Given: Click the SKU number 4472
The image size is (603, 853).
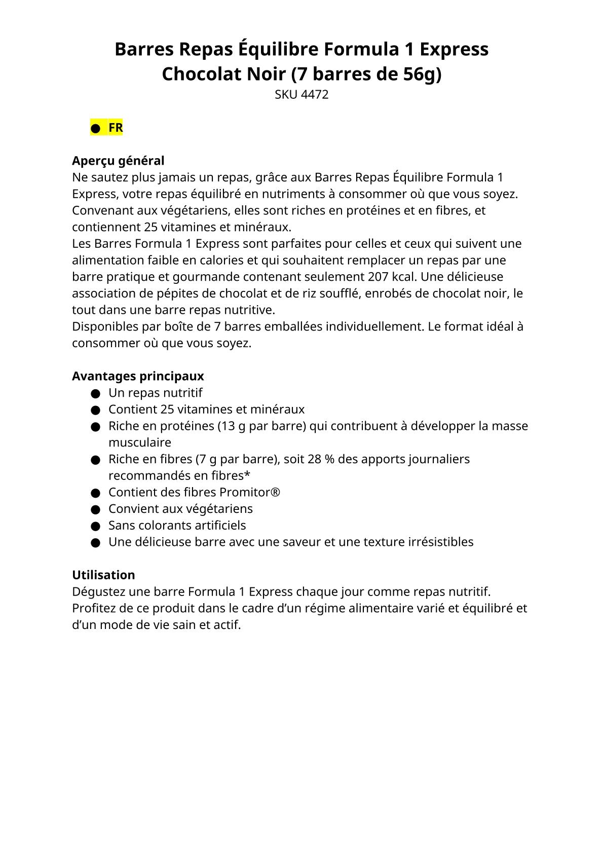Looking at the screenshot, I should pyautogui.click(x=315, y=95).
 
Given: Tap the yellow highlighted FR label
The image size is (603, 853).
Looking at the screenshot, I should pyautogui.click(x=116, y=128).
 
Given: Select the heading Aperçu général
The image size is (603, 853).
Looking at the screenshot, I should pyautogui.click(x=118, y=161).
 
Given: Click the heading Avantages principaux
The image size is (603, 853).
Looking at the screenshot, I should pyautogui.click(x=138, y=376).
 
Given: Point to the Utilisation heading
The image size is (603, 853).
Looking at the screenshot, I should pyautogui.click(x=103, y=575).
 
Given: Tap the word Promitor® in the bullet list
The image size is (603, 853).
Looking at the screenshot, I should pyautogui.click(x=250, y=492).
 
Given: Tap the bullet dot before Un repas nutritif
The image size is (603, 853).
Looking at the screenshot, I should pyautogui.click(x=95, y=393).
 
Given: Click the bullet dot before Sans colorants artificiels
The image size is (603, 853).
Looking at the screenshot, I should pyautogui.click(x=95, y=526).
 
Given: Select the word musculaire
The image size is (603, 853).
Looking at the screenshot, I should pyautogui.click(x=140, y=442).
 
